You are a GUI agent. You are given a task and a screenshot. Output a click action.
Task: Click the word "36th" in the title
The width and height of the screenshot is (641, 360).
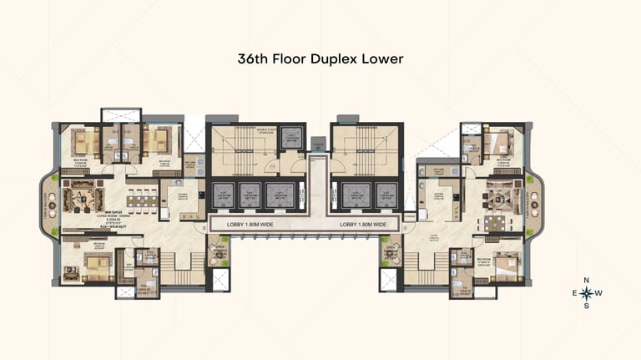click(255, 60)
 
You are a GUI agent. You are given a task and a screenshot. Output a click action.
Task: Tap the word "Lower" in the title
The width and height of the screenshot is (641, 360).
click(383, 60)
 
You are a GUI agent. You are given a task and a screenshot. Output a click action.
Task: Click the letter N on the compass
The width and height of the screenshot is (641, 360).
click(587, 280)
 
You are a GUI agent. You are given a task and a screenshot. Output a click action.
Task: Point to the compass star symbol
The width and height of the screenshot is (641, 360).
click(587, 293)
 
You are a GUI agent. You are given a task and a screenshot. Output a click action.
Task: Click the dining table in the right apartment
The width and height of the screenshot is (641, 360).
click(490, 224)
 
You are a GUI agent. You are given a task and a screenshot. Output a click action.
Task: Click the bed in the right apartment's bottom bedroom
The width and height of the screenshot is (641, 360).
click(506, 267)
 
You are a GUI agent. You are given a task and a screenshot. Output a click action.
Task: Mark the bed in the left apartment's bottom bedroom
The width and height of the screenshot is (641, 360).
click(93, 266)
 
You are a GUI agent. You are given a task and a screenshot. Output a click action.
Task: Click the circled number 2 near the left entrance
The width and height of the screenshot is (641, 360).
click(203, 227)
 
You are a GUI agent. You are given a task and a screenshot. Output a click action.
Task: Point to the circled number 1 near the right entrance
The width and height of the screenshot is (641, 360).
click(406, 227)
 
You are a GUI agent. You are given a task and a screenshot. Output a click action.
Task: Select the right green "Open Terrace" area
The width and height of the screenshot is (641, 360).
click(391, 251)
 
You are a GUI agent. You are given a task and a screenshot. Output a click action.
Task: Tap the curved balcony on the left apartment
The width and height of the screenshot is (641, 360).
click(48, 200)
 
